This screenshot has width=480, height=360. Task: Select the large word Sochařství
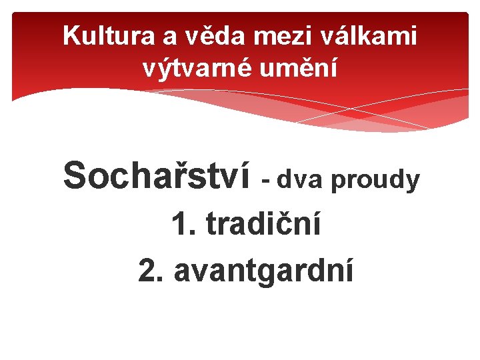157,175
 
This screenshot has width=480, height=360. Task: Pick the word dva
301,179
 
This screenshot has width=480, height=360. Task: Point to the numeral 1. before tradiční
184,225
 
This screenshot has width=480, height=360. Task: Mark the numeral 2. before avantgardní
152,271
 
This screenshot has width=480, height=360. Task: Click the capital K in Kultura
71,36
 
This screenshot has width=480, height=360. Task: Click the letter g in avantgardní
275,273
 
